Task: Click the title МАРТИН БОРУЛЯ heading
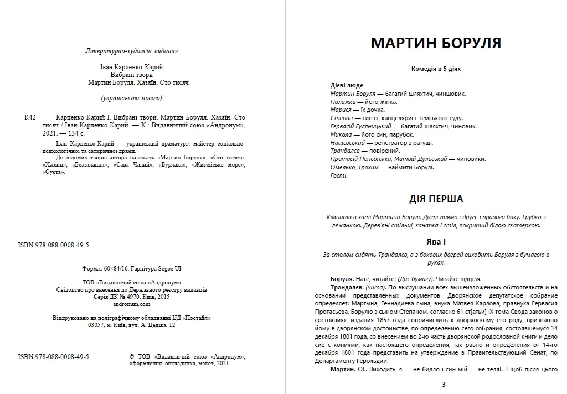coord(435,43)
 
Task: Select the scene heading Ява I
coord(435,242)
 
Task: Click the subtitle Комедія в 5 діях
coord(435,69)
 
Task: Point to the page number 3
coord(443,384)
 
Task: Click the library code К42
coord(30,117)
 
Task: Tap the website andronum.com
coord(132,304)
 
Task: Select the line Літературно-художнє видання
coord(132,51)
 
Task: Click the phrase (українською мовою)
coord(132,98)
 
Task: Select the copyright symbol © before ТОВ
coord(131,357)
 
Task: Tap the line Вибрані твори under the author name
coord(132,75)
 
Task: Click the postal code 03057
coord(96,325)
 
